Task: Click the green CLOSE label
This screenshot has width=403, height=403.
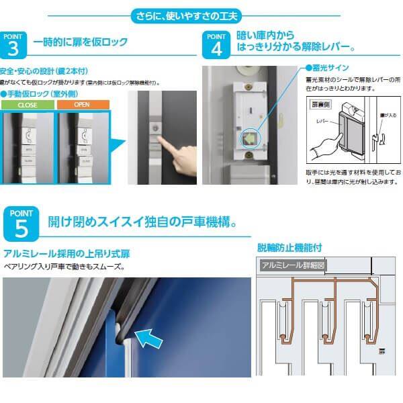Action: pyautogui.click(x=26, y=105)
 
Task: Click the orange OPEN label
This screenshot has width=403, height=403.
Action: pyautogui.click(x=81, y=105)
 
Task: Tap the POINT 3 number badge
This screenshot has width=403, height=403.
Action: pyautogui.click(x=14, y=45)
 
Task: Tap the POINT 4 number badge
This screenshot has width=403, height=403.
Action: pyautogui.click(x=216, y=45)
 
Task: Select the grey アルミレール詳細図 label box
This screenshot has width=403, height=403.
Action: pyautogui.click(x=294, y=265)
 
